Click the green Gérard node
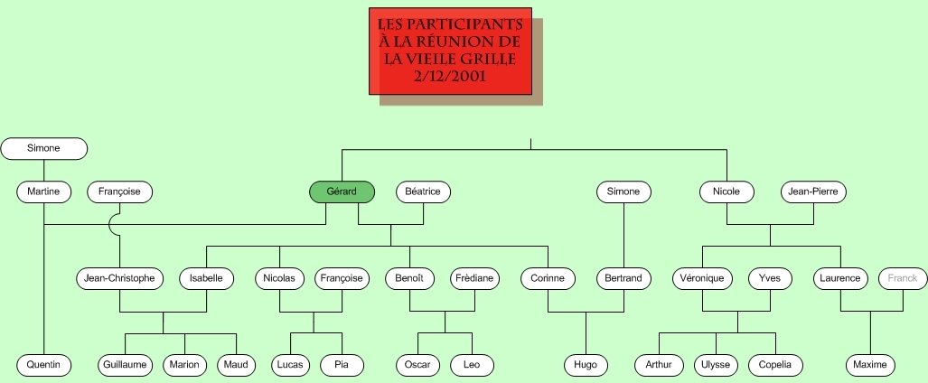pos(342,191)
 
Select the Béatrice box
pos(423,191)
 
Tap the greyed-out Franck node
pos(903,278)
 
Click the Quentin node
pos(43,365)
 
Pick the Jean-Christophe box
pos(119,278)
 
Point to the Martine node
pos(43,191)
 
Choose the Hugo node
pos(586,365)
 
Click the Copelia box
pos(775,365)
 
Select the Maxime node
pos(870,365)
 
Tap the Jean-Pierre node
pos(813,191)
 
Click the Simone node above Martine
pos(43,148)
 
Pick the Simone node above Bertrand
pos(623,191)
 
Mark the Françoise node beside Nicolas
pos(342,278)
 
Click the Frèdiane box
pos(474,278)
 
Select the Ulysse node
pos(717,365)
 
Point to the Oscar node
pos(417,365)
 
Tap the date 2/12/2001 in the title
pos(450,77)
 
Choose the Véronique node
pos(702,278)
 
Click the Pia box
pos(342,365)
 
